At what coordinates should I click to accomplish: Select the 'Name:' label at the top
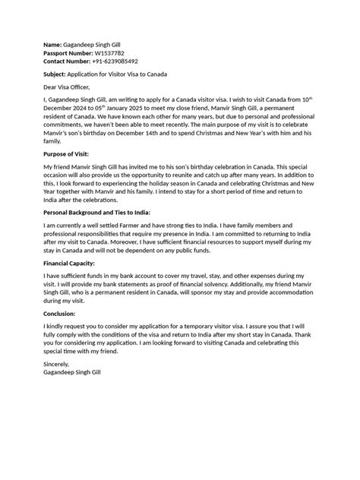point(54,46)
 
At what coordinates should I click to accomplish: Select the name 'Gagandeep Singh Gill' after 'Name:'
point(96,46)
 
